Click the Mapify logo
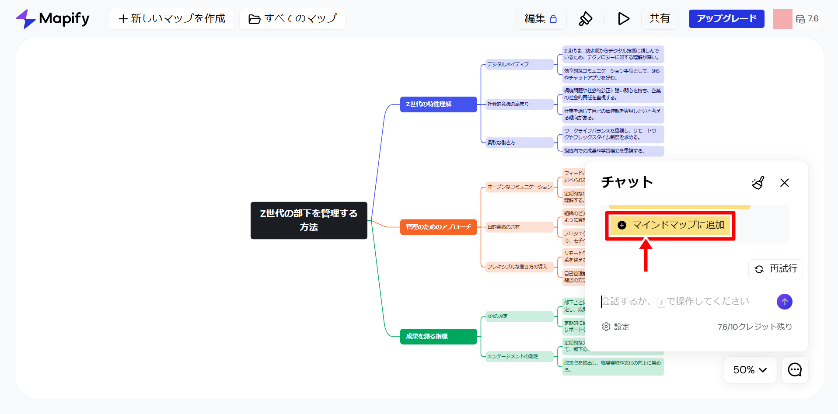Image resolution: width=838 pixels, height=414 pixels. [52, 19]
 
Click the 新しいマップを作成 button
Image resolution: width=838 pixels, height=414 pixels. [172, 19]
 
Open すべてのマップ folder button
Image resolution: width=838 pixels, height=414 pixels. [292, 19]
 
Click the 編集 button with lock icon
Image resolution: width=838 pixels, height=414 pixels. [541, 19]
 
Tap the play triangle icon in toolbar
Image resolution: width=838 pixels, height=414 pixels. [623, 19]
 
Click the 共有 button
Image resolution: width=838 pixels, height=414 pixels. [660, 19]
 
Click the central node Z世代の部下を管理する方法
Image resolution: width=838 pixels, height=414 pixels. [309, 220]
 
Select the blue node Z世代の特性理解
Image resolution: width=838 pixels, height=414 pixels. [438, 104]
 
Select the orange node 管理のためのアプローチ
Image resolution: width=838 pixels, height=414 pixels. [438, 227]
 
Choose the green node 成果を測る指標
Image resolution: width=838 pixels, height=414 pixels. [438, 336]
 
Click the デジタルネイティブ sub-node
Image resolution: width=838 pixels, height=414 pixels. [519, 64]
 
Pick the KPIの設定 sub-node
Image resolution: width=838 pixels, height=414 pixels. [519, 316]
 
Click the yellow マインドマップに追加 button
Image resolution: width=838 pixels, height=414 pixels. [670, 225]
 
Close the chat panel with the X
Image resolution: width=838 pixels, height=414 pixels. [785, 183]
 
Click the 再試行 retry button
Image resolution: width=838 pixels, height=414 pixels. [775, 269]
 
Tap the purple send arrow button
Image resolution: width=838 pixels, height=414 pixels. [785, 302]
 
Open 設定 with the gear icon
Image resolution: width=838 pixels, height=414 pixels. [616, 327]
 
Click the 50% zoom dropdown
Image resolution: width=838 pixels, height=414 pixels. [750, 370]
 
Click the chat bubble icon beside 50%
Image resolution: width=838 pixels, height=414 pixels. [795, 370]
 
